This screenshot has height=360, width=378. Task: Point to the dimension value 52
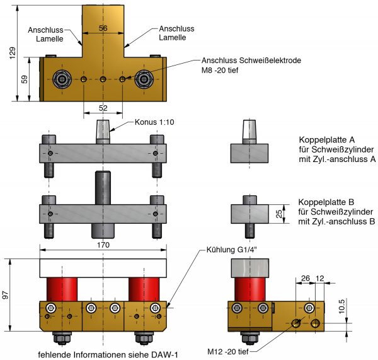[x=103, y=108]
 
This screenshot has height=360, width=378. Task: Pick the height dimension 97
[x=7, y=294]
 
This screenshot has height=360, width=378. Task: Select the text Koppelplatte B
[x=326, y=202]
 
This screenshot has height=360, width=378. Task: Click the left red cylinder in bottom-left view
[x=61, y=289]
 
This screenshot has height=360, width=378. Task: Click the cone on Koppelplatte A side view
[x=249, y=131]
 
